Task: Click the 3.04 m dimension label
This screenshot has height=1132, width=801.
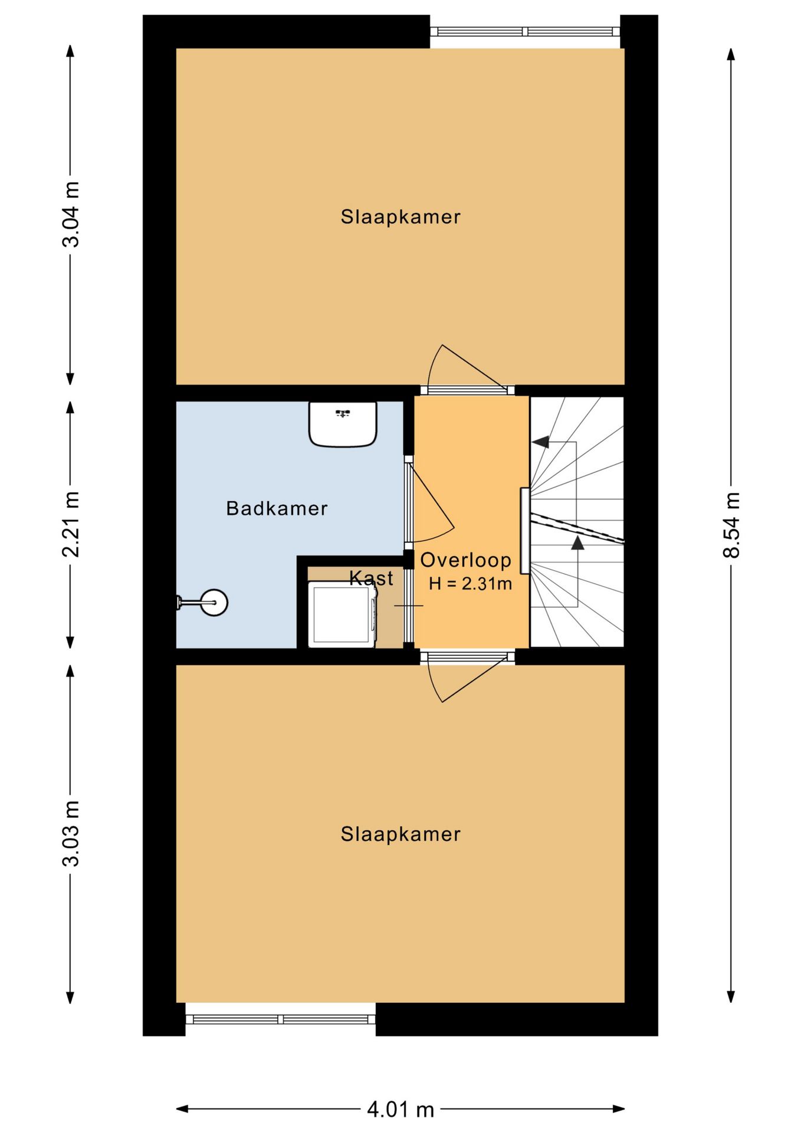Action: [71, 215]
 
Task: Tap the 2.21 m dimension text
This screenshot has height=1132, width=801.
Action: [71, 524]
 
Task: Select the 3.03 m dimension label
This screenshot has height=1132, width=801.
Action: [71, 834]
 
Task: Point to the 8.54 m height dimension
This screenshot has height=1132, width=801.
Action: [731, 525]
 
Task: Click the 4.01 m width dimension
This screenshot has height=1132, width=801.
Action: [400, 1110]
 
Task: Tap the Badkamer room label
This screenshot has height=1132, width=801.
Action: [277, 508]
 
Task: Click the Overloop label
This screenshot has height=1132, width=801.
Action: [465, 560]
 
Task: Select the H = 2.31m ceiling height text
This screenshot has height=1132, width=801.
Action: [470, 584]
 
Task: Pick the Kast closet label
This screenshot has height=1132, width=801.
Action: [371, 578]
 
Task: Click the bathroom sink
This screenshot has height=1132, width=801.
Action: [343, 424]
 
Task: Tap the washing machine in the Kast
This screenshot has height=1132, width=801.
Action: [342, 614]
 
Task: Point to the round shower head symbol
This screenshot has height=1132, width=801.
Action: [214, 603]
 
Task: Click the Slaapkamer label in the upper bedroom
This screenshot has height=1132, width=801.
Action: [400, 217]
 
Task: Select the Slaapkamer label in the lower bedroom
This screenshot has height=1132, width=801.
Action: [400, 834]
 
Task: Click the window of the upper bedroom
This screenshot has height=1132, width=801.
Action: [525, 32]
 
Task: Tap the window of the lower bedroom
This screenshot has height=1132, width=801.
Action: [281, 1019]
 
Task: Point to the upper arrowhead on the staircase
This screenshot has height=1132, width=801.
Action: [540, 442]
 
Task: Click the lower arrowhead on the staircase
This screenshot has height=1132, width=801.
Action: [577, 542]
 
